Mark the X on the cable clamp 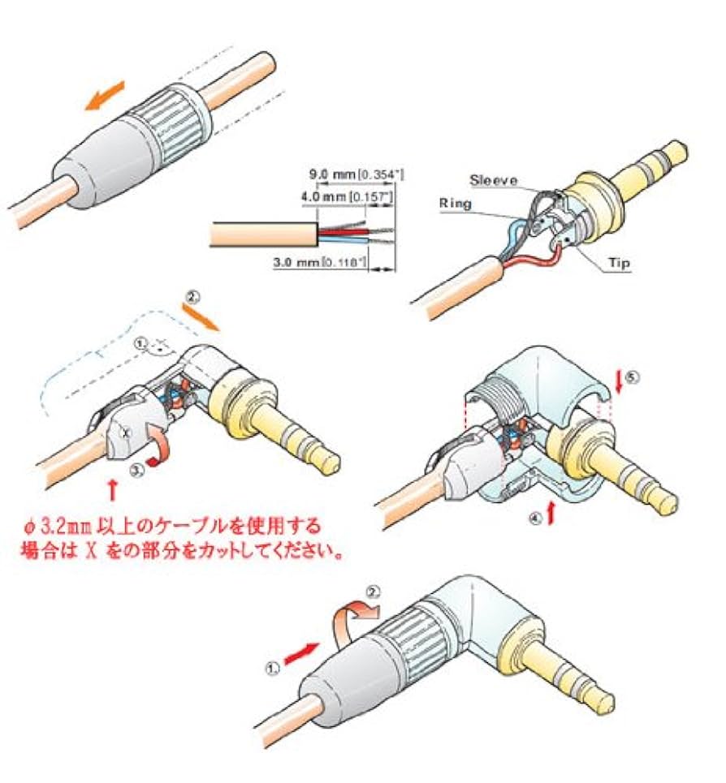pos(123,433)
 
